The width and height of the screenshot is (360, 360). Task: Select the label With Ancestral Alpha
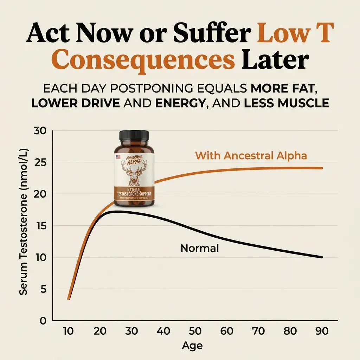coord(251,155)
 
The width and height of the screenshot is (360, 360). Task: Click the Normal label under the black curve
coord(199,249)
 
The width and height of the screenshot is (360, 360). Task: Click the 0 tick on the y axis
coord(43,321)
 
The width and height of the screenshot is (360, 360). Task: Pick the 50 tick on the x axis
coord(195,331)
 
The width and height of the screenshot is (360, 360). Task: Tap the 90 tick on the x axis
coord(322,331)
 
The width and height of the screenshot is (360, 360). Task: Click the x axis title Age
coord(192,346)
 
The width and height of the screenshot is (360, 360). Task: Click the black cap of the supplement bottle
coord(134,135)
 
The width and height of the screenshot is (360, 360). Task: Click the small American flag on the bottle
coord(118,157)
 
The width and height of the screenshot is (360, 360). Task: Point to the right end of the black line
coord(321,257)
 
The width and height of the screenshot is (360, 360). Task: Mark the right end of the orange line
coord(321,168)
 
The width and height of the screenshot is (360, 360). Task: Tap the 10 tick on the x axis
coord(69,331)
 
